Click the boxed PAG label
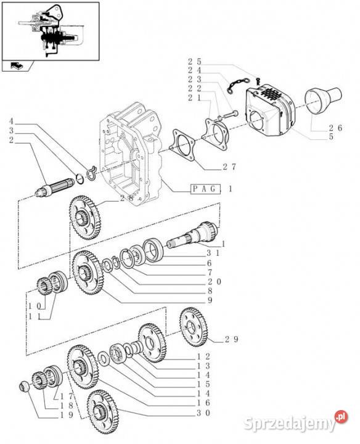pyautogui.click(x=202, y=189)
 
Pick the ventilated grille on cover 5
pyautogui.click(x=271, y=97)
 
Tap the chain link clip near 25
pyautogui.click(x=236, y=82)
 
